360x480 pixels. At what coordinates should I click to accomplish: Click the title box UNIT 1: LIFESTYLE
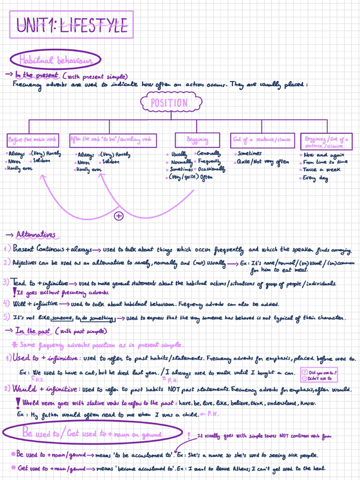[72, 25]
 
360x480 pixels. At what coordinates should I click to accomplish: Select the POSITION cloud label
[171, 103]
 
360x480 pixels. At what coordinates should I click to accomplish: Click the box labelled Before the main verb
[32, 140]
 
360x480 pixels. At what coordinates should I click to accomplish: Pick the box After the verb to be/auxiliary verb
[112, 140]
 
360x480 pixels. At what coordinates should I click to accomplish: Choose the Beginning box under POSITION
[197, 140]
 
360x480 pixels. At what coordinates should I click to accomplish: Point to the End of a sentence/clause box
[262, 140]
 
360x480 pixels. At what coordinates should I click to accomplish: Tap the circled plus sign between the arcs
[119, 216]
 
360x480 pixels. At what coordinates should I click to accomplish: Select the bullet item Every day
[315, 178]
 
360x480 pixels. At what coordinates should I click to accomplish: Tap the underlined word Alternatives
[36, 234]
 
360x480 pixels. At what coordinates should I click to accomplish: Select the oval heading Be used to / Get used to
[92, 434]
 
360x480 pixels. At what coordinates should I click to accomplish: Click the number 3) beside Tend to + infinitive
[6, 282]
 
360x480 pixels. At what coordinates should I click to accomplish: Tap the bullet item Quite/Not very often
[262, 162]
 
